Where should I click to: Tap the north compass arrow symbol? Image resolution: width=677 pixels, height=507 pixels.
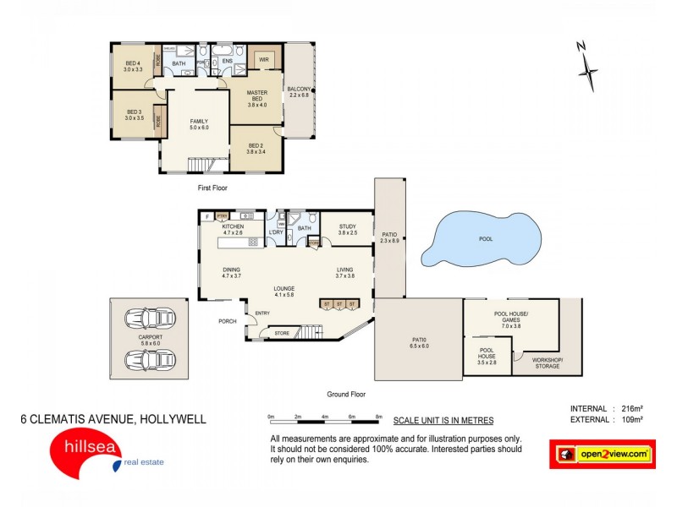coord(587,68)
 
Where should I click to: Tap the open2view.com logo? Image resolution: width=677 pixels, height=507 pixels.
coord(603,454)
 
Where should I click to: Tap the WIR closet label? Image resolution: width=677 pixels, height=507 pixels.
coord(263,60)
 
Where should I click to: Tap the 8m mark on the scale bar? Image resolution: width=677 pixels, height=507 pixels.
coord(379,417)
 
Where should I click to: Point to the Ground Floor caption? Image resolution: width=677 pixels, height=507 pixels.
coord(345,394)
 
